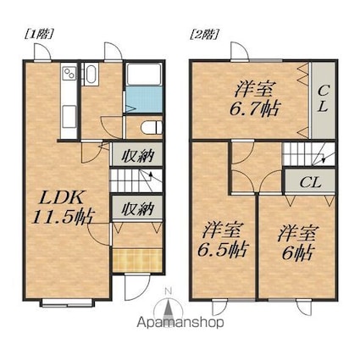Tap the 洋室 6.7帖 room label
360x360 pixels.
(x=255, y=99)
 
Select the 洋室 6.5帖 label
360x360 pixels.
(x=223, y=241)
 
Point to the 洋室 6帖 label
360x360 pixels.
(x=298, y=242)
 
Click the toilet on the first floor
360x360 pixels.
(x=152, y=128)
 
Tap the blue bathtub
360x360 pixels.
(x=144, y=99)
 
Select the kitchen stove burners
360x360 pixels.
(x=69, y=73)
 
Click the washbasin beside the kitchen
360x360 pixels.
(x=91, y=74)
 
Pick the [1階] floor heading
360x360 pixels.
(x=38, y=35)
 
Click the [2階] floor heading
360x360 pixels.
(x=204, y=35)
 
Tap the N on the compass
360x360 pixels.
(x=169, y=290)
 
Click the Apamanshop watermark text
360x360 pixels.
(x=180, y=323)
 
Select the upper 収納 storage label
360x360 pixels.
(x=137, y=155)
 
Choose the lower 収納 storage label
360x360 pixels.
(x=137, y=208)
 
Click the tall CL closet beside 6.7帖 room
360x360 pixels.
(x=323, y=100)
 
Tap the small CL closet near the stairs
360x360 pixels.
(x=310, y=182)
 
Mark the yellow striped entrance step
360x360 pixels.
(x=137, y=260)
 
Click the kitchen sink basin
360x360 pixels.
(x=69, y=116)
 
